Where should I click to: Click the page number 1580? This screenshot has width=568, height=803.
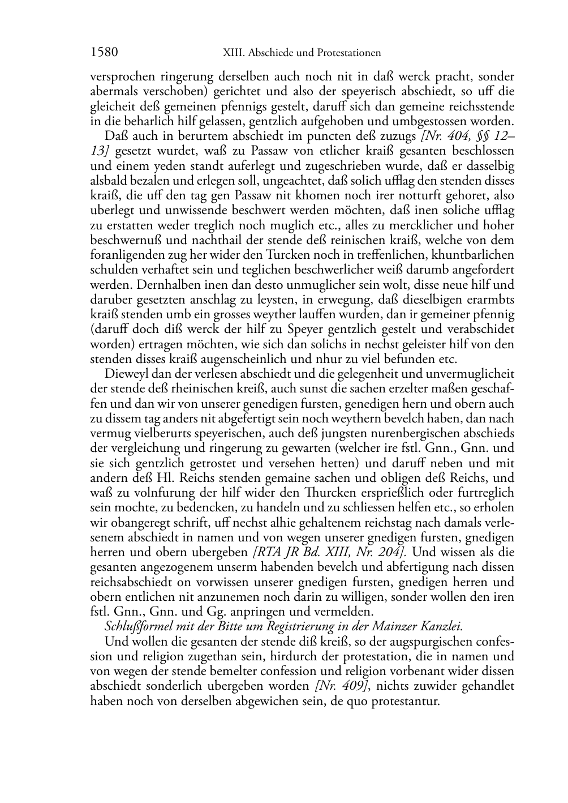(104, 53)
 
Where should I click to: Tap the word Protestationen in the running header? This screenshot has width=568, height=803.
(348, 53)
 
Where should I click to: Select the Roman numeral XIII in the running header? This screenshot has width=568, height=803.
(230, 53)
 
